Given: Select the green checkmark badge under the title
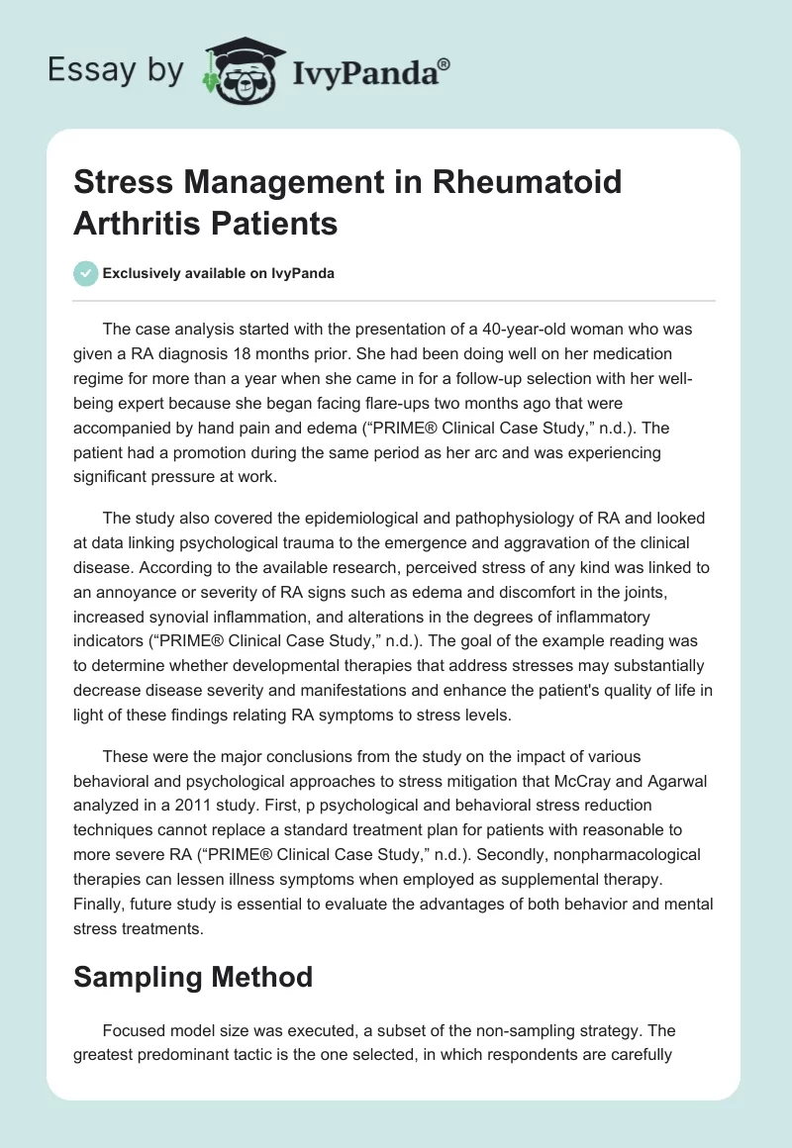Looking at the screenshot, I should coord(86,273).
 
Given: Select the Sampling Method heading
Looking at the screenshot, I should coord(193,977).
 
